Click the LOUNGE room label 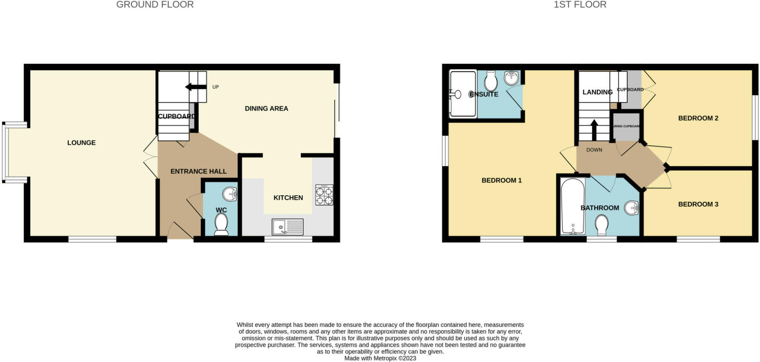(81, 143)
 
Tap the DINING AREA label (266, 108)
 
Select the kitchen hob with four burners (324, 195)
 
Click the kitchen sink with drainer (287, 227)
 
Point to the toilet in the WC (221, 224)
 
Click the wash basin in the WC (230, 194)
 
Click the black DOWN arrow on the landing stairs (594, 129)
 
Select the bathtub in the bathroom (572, 206)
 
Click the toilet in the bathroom (602, 225)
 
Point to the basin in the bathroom (632, 208)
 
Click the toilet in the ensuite (491, 81)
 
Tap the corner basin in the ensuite (512, 78)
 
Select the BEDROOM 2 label (698, 118)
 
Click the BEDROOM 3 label (698, 204)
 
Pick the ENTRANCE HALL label (199, 171)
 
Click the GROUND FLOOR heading (155, 5)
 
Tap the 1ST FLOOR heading (580, 5)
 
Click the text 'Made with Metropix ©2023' (380, 358)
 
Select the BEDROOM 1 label (501, 180)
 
